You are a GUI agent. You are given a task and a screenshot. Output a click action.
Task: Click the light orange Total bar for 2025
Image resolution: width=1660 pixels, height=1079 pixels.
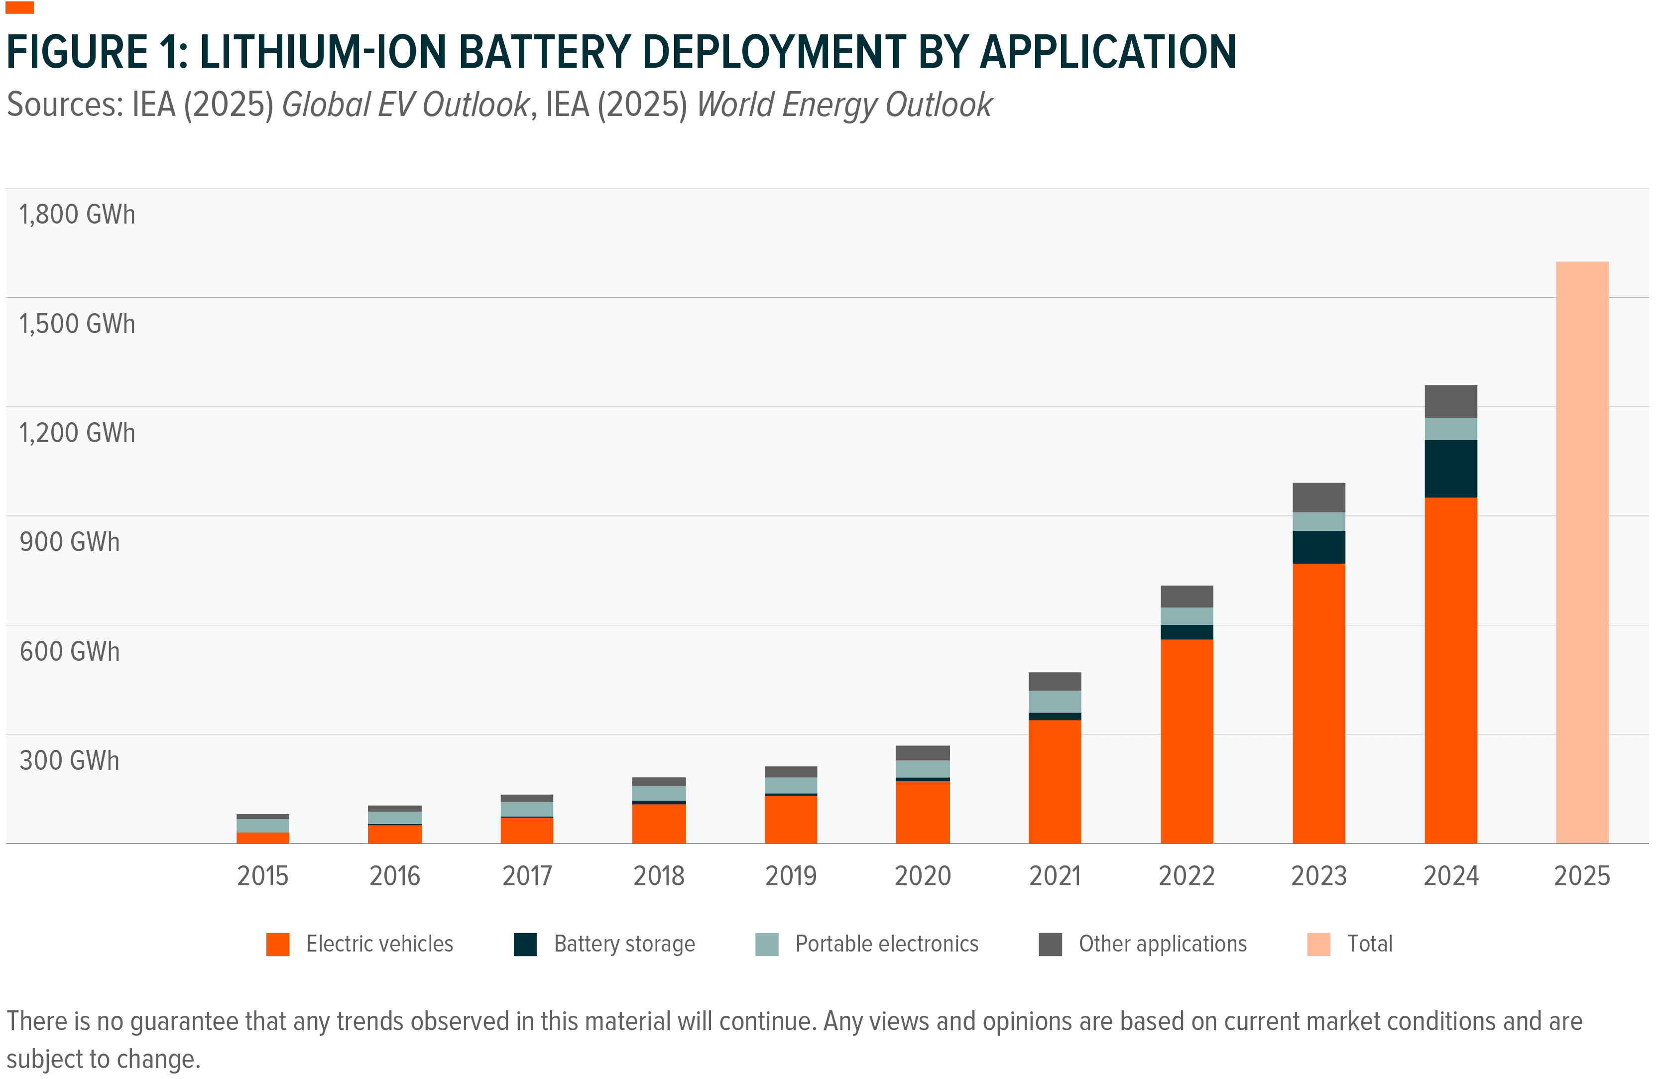click(1581, 551)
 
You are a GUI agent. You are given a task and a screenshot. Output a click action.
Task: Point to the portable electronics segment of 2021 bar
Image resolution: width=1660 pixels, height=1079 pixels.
click(1055, 701)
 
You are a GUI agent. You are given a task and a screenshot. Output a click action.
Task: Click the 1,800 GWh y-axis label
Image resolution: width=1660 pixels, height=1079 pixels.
click(77, 214)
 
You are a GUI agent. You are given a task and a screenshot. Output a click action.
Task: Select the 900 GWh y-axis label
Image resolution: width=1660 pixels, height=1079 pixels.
click(69, 542)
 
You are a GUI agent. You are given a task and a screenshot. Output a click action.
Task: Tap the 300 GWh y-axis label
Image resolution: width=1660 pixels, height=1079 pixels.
click(69, 760)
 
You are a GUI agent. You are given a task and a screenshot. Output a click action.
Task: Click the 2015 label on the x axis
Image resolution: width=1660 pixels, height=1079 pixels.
click(262, 875)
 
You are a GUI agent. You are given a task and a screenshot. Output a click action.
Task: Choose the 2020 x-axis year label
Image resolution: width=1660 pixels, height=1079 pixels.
click(922, 875)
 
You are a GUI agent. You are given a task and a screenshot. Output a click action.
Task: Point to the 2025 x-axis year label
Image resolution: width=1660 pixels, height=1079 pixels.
click(1581, 875)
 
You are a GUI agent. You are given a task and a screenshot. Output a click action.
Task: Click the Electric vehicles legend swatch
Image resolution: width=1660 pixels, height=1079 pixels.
click(278, 944)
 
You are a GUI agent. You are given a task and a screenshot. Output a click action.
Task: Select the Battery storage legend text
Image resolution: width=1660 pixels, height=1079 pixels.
click(624, 944)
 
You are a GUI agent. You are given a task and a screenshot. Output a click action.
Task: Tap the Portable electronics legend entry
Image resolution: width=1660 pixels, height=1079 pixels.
click(886, 944)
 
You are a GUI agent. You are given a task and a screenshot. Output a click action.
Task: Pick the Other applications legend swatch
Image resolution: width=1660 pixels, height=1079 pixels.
click(1050, 944)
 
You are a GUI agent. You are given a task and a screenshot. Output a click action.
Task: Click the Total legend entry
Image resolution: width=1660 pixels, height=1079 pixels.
click(1368, 944)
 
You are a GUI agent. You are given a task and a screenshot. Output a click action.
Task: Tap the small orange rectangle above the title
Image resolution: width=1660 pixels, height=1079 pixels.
click(19, 7)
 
